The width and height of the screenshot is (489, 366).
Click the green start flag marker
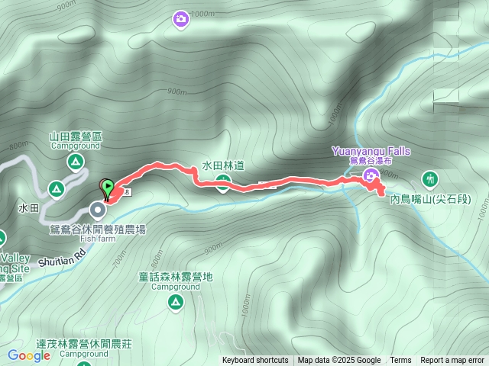[108, 186]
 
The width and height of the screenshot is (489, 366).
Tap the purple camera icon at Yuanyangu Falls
[371, 178]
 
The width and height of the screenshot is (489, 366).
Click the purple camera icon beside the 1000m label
[181, 18]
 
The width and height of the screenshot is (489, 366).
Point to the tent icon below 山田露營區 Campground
[75, 161]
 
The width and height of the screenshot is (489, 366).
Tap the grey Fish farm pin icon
[98, 209]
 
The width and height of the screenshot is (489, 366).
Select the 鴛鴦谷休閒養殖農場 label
[98, 229]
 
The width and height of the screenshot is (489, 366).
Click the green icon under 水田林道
[222, 181]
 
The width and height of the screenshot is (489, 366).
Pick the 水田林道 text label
[222, 165]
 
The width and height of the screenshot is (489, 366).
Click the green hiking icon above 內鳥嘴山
[430, 179]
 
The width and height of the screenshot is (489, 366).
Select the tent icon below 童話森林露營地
[176, 303]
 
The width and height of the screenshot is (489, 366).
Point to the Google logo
[28, 355]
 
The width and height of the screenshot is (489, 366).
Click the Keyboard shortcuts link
[255, 361]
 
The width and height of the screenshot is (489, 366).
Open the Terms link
[400, 361]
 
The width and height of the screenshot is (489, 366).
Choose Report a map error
[452, 361]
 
